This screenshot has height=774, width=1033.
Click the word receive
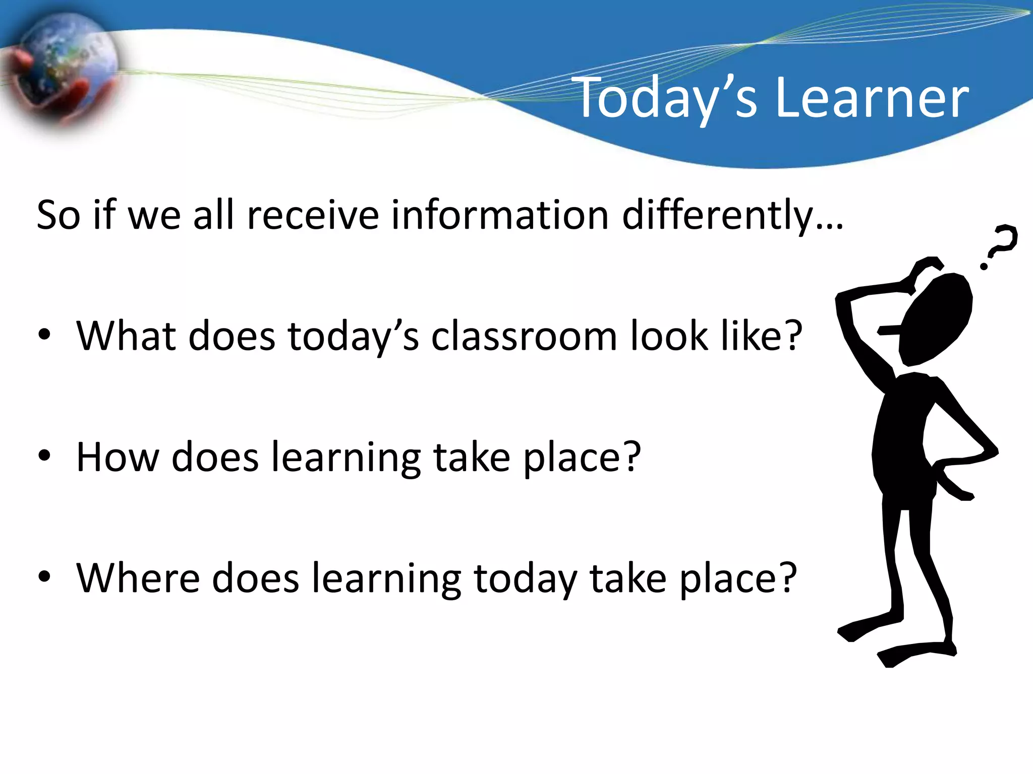pyautogui.click(x=313, y=216)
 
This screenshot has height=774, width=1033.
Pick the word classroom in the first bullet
pyautogui.click(x=524, y=336)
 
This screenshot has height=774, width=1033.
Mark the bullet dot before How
pyautogui.click(x=44, y=456)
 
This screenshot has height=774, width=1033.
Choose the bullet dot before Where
pyautogui.click(x=44, y=576)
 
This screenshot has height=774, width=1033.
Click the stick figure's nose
pyautogui.click(x=888, y=331)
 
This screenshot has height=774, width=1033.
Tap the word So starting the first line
pyautogui.click(x=59, y=216)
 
